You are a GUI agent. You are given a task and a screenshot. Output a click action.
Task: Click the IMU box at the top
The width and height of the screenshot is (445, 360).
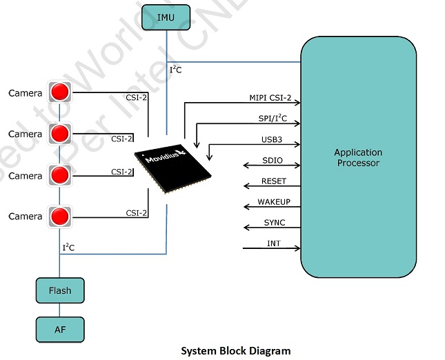[166, 17]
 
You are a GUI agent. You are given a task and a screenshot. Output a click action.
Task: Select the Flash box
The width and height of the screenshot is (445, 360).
[59, 290]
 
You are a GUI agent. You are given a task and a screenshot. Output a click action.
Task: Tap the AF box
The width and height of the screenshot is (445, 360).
[59, 329]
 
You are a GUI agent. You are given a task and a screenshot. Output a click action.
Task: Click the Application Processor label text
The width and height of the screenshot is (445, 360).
[357, 158]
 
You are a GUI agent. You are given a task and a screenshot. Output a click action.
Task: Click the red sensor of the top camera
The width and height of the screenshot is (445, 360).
[60, 92]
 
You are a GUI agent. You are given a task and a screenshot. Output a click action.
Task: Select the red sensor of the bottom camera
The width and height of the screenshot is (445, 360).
[60, 216]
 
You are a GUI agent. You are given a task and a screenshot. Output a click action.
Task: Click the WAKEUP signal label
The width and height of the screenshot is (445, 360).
[274, 202]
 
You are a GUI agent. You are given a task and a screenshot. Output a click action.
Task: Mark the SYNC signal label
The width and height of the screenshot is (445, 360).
[274, 223]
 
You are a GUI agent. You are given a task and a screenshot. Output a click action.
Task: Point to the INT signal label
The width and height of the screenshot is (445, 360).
[273, 243]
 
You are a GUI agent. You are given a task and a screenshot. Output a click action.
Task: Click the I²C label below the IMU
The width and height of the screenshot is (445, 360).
[176, 70]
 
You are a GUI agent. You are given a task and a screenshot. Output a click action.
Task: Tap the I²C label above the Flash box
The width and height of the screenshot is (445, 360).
[69, 247]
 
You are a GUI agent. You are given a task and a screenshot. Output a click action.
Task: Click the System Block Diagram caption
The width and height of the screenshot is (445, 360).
[235, 350]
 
